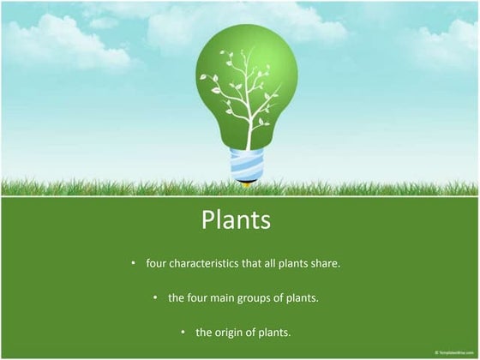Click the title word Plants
pyautogui.click(x=236, y=220)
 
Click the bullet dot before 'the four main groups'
pyautogui.click(x=155, y=297)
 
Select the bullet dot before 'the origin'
pyautogui.click(x=183, y=332)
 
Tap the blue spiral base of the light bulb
pyautogui.click(x=247, y=165)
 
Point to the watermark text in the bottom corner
pyautogui.click(x=453, y=353)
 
